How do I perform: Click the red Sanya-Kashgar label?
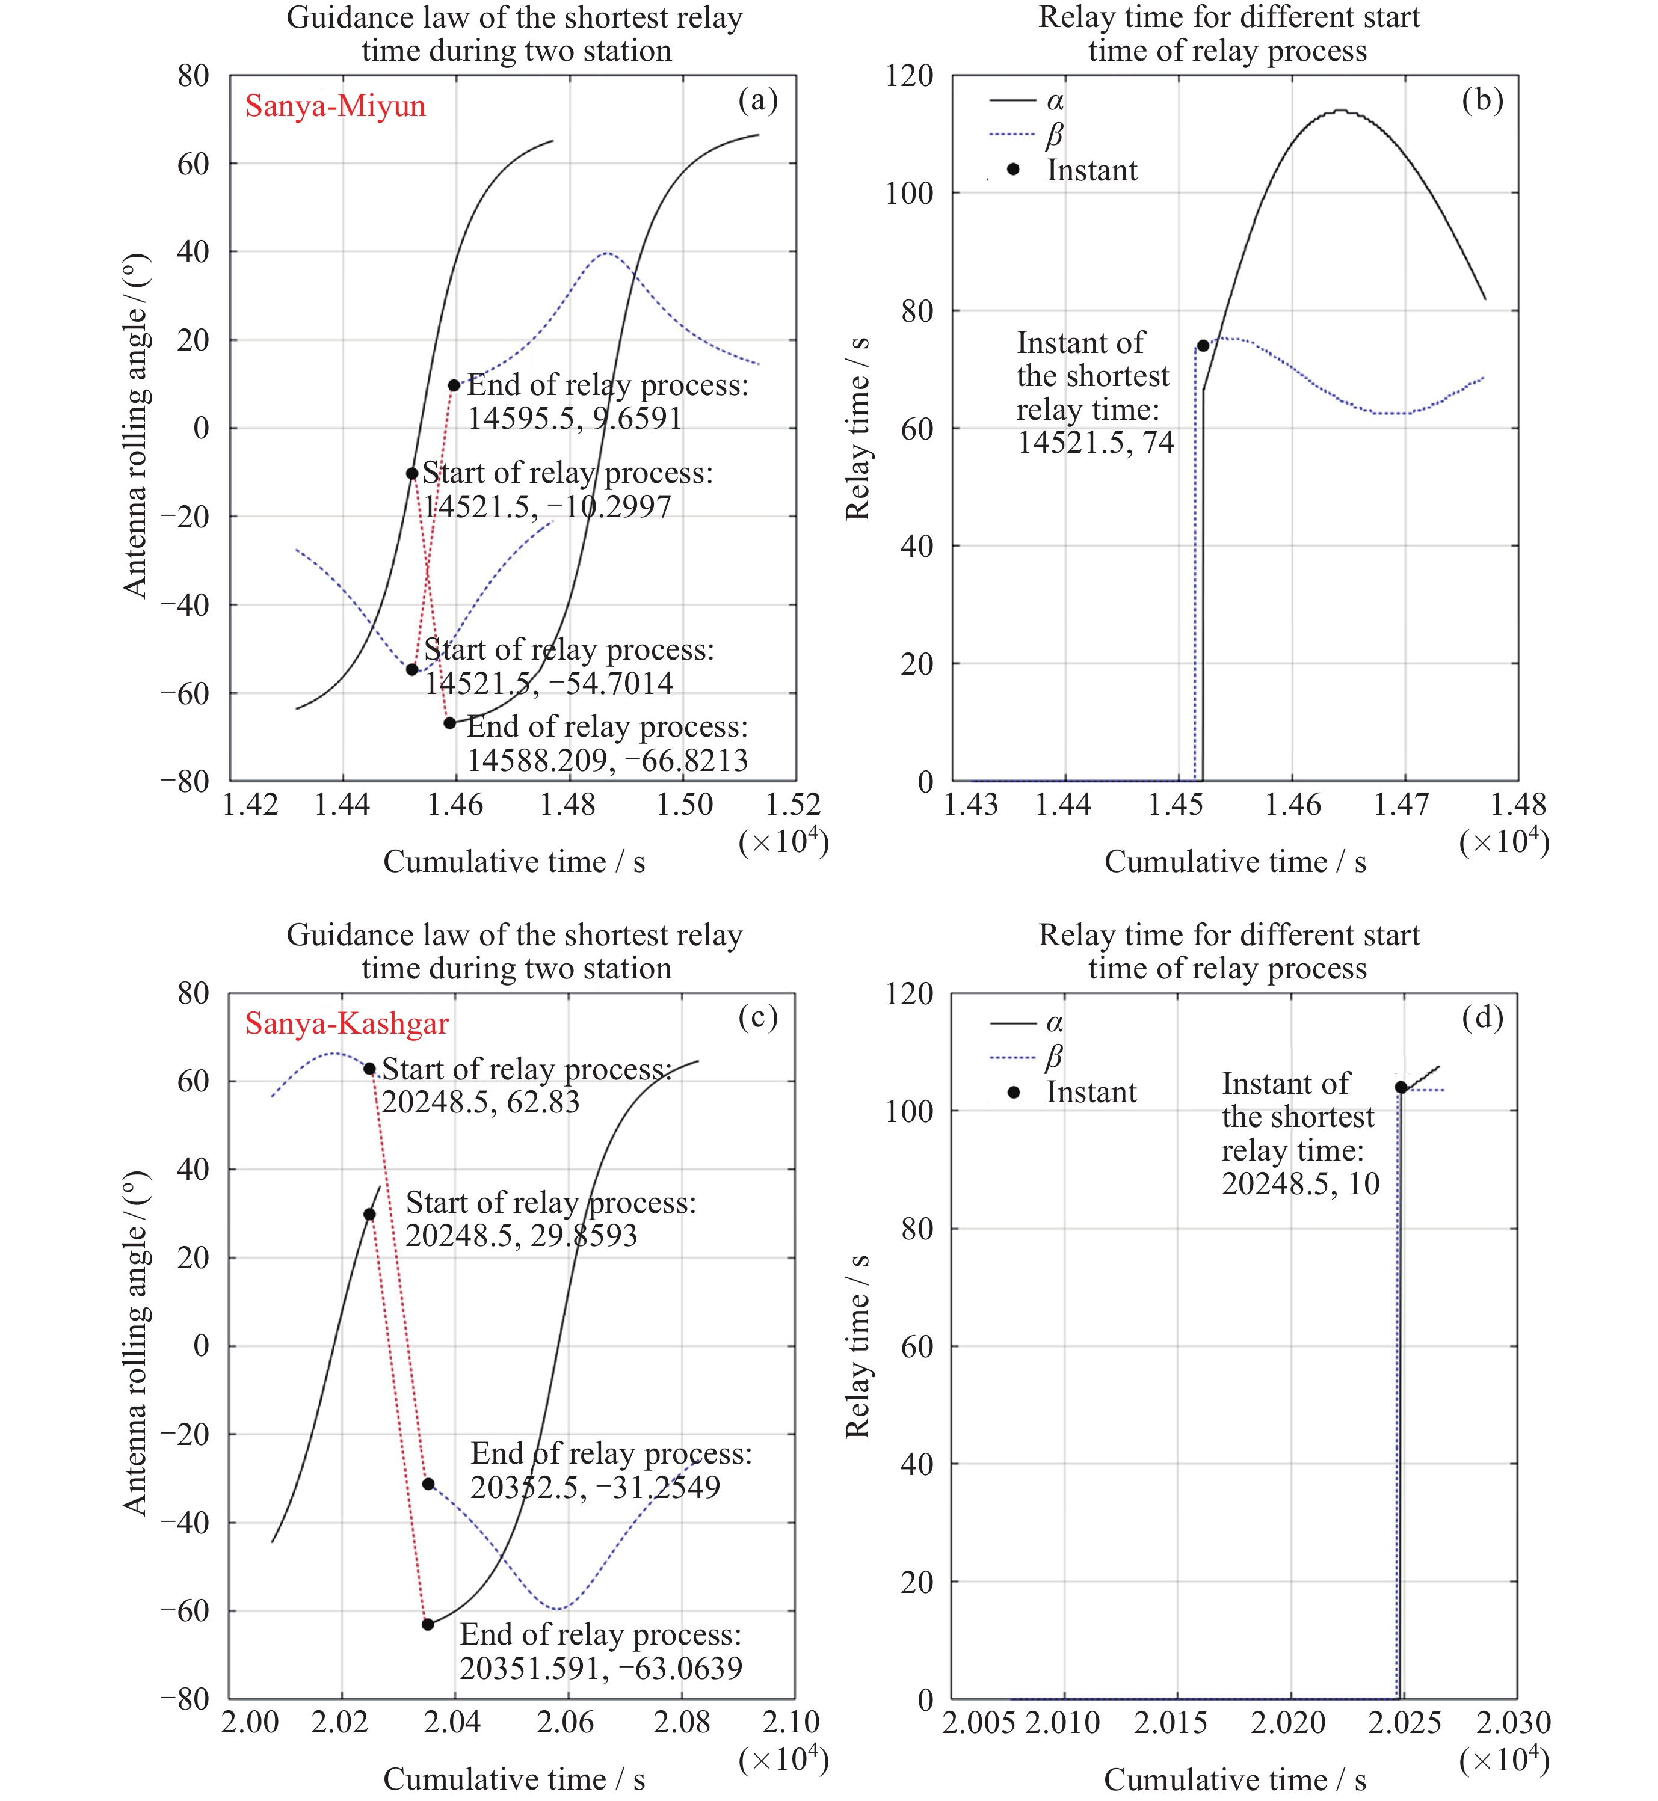coord(347,1023)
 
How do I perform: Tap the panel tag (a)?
coord(757,100)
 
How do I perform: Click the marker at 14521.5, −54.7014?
coord(412,669)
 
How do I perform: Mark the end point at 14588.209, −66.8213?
coord(449,722)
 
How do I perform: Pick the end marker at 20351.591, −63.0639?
coord(428,1624)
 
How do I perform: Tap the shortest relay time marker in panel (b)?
coord(1203,345)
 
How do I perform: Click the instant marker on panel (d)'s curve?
coord(1401,1087)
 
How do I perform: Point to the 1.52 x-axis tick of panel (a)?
coord(792,805)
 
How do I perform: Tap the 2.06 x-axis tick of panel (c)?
coord(566,1722)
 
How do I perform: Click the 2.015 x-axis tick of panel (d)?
coord(1170,1722)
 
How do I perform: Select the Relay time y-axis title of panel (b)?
coord(858,428)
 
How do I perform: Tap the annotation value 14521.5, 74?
coord(1096,442)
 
